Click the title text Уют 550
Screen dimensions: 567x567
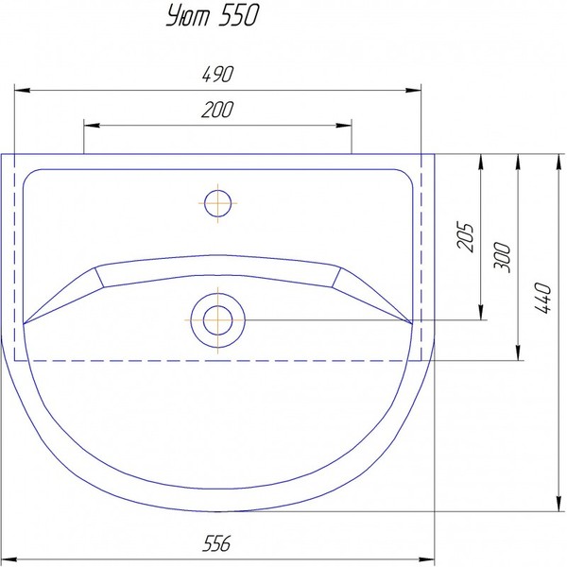tap(213, 16)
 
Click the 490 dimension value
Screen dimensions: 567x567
tap(217, 74)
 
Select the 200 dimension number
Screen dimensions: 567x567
tap(217, 110)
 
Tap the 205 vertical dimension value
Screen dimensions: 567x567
tap(465, 236)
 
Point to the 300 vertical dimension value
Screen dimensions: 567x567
tap(502, 257)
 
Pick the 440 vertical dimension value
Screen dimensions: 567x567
tap(543, 299)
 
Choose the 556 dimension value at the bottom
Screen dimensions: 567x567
tap(216, 543)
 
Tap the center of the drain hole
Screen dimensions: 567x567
tap(217, 320)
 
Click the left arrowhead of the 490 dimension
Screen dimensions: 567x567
tap(22, 90)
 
